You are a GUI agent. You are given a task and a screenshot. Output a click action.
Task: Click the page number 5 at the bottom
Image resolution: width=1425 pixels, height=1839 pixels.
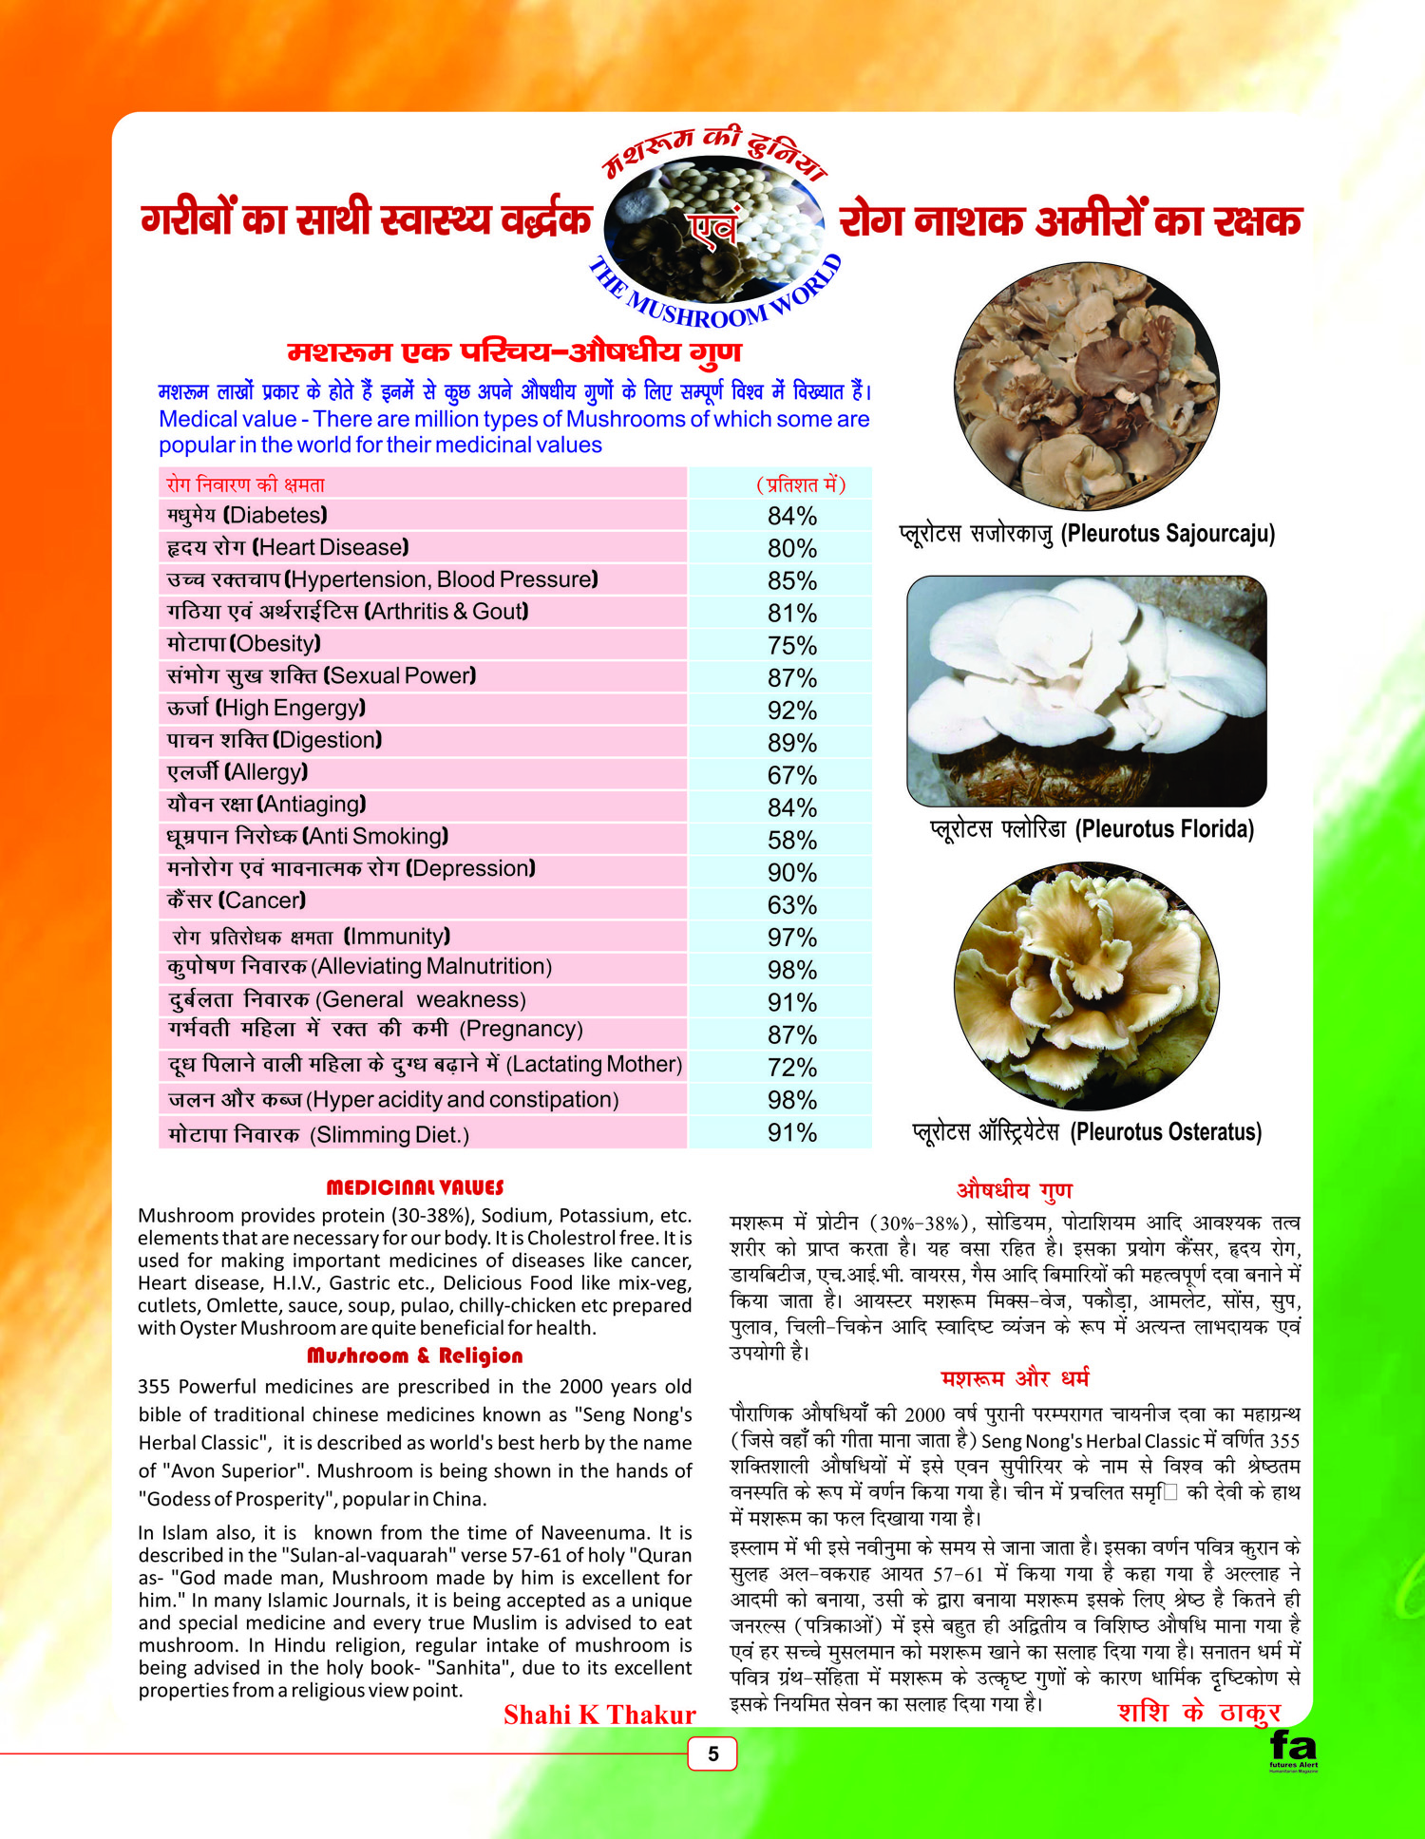click(712, 1754)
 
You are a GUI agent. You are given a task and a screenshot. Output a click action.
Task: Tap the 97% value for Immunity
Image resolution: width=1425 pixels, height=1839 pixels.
click(791, 938)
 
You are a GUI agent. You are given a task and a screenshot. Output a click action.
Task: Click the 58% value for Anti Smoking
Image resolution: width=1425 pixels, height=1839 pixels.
click(791, 841)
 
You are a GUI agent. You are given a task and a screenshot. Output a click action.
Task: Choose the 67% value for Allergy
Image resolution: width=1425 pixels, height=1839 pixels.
click(791, 775)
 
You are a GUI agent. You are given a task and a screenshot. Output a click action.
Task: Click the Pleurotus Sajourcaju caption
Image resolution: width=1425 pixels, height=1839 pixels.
click(1087, 534)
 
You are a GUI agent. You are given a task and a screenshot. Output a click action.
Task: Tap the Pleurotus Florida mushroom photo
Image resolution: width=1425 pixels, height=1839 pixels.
click(1087, 691)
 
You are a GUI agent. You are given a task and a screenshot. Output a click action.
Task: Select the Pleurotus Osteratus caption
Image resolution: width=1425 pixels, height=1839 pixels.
click(1087, 1132)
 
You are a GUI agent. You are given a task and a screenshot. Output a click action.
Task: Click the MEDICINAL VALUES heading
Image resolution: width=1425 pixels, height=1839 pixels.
click(414, 1187)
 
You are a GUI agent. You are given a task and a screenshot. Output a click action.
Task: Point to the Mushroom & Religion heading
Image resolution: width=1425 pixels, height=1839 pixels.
click(414, 1356)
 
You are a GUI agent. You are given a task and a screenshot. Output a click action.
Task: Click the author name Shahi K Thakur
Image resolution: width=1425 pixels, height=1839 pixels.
click(599, 1715)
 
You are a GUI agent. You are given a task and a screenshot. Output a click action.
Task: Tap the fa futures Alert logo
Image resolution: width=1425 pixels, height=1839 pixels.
click(1293, 1751)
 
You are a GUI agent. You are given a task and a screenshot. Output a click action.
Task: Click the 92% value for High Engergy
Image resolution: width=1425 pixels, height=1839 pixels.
click(791, 711)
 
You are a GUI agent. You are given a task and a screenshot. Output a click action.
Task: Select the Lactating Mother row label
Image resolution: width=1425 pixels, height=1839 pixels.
click(425, 1065)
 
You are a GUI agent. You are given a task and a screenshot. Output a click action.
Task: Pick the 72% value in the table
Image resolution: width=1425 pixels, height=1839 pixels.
click(791, 1068)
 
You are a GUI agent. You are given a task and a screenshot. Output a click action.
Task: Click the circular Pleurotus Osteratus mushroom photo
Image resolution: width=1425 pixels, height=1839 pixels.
click(1087, 985)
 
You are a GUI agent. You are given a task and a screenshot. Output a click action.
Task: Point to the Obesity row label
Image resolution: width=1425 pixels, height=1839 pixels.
click(244, 644)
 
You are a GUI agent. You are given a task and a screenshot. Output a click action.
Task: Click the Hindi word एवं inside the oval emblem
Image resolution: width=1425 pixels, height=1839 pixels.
click(713, 229)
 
